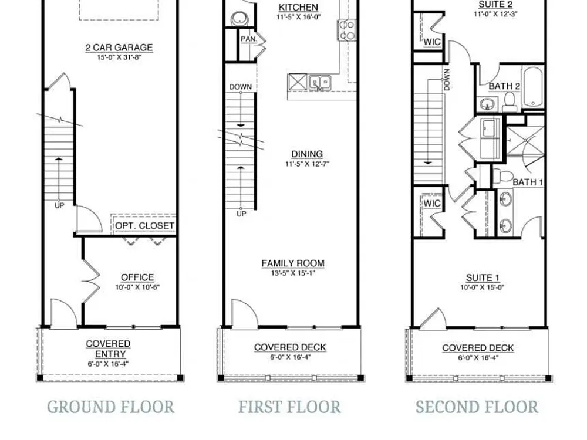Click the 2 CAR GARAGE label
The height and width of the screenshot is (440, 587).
pos(119,48)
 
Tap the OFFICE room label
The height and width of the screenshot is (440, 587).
pos(137,277)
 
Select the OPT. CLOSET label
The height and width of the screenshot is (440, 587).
pos(144,226)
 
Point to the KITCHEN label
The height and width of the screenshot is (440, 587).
pos(298,7)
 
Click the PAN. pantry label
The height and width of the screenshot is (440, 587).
pos(248,39)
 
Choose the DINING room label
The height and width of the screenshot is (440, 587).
pos(307,154)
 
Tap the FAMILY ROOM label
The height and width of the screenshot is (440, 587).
pos(293,263)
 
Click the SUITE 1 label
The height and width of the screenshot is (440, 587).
pos(483,277)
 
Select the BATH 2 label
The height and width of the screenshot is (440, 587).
pos(504,86)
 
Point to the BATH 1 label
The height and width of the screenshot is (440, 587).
pos(528,182)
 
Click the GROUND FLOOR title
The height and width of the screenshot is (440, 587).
pos(111,407)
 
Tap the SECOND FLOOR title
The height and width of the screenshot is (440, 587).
pos(477,407)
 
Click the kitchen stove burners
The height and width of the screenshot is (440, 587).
pos(346,30)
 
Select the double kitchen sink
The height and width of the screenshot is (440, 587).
pos(320,82)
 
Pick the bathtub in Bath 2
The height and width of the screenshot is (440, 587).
pos(533,87)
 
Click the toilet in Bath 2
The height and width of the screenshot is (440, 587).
pos(510,102)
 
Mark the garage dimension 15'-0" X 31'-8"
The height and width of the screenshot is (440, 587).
pos(119,57)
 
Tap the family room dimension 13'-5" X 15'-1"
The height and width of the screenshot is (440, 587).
pos(293,273)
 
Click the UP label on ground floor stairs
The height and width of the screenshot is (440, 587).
pos(59,205)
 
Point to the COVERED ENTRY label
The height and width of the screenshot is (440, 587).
pos(108,348)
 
